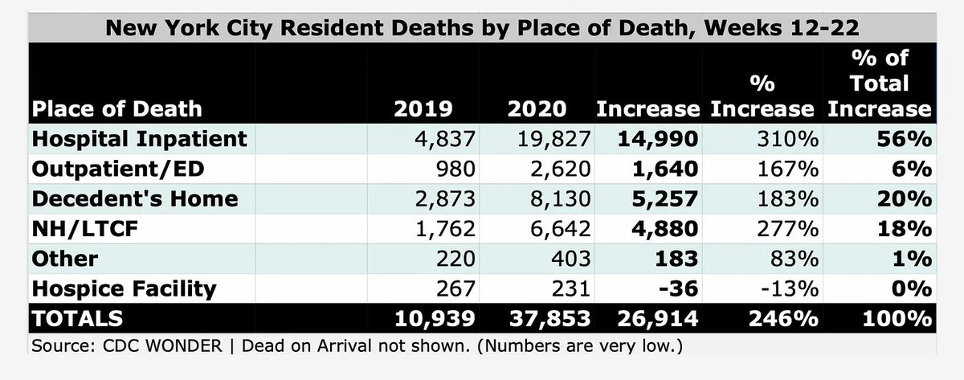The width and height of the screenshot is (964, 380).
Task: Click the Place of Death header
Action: coord(117,108)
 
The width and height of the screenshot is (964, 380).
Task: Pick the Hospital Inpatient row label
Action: coord(139,138)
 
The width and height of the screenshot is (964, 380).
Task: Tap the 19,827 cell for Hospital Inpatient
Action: coord(548,138)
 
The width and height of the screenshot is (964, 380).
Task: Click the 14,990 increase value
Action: coord(658,138)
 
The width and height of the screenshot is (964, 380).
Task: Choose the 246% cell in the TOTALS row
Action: coord(791,319)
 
